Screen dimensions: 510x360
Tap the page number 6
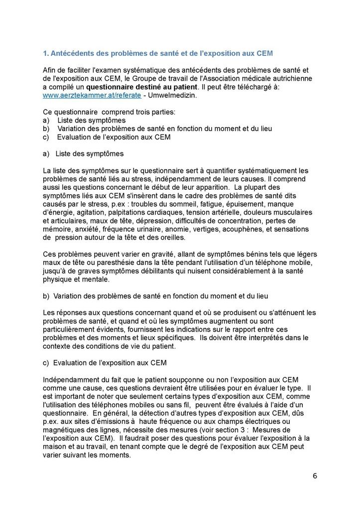[x=315, y=475]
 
